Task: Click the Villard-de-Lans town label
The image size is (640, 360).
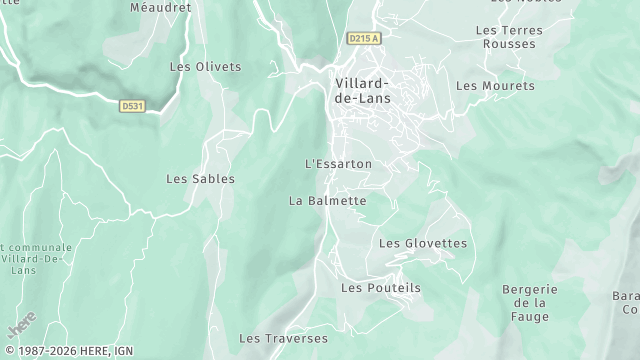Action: click(361, 90)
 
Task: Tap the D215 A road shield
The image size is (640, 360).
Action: click(364, 38)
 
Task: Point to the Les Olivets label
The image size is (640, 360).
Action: click(205, 67)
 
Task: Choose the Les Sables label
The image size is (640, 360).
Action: click(200, 179)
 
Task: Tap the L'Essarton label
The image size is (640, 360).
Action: click(337, 163)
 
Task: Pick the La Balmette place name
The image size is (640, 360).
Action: click(327, 201)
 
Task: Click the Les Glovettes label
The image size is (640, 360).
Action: click(422, 243)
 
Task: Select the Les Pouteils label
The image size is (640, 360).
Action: click(381, 287)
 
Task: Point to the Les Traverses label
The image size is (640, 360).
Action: click(284, 338)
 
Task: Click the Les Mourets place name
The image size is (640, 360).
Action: click(495, 86)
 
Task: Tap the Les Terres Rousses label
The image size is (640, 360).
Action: click(510, 37)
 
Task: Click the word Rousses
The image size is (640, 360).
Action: click(510, 44)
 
